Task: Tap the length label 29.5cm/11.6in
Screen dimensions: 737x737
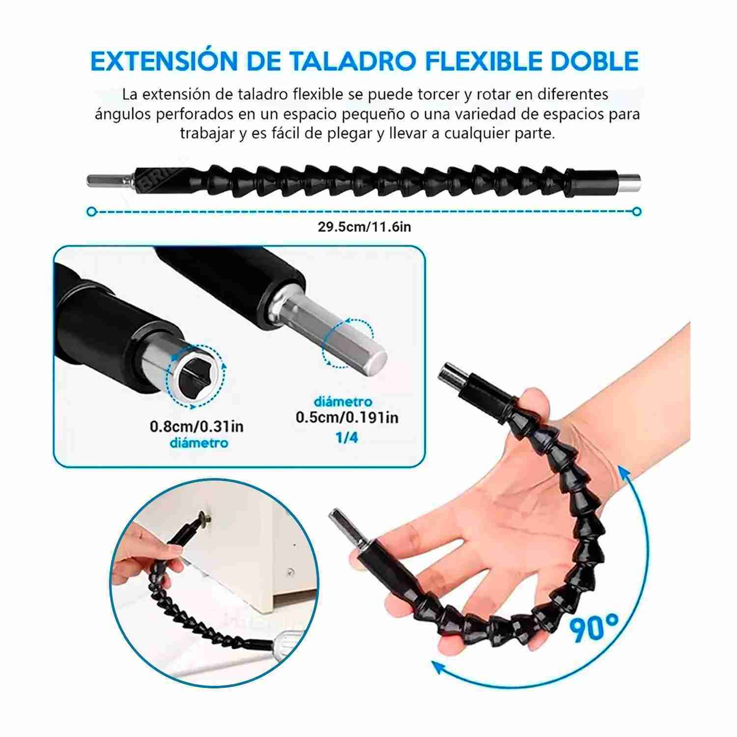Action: [x=364, y=227]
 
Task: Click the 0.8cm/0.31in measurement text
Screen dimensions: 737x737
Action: [x=197, y=425]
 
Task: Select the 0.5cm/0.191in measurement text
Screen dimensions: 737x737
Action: [x=347, y=418]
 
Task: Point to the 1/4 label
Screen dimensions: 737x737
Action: [x=347, y=438]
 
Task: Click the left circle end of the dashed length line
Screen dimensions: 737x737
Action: [x=90, y=211]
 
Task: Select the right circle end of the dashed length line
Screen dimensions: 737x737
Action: [x=637, y=211]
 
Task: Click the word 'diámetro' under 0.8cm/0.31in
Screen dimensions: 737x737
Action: [x=199, y=443]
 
